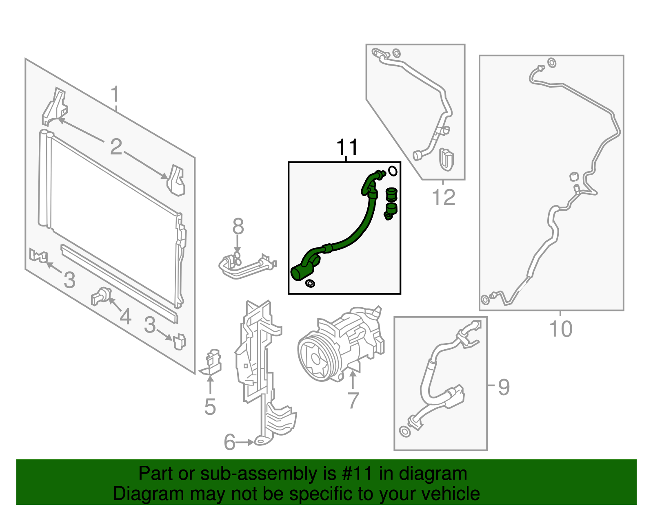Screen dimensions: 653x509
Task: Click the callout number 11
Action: tap(347, 147)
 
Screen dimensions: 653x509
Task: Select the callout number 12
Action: tap(444, 197)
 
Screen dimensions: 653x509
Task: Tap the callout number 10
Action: tap(561, 329)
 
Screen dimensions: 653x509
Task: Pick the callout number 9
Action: tap(504, 387)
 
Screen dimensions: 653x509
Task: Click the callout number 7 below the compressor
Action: tap(353, 400)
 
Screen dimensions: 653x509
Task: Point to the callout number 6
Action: tap(230, 442)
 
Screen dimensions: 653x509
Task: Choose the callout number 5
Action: tap(210, 407)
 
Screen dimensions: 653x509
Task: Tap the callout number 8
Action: tap(238, 226)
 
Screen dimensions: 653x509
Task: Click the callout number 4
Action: tap(125, 316)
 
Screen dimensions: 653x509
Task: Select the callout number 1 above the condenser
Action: tap(115, 94)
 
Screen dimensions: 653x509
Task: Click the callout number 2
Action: tap(116, 147)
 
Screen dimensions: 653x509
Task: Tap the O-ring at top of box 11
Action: tap(393, 171)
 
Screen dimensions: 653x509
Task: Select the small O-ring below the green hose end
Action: tap(310, 283)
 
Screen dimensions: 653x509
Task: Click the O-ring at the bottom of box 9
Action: tap(405, 431)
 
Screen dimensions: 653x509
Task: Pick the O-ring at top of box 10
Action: tap(552, 63)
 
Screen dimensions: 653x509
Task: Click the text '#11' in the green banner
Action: tap(356, 473)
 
